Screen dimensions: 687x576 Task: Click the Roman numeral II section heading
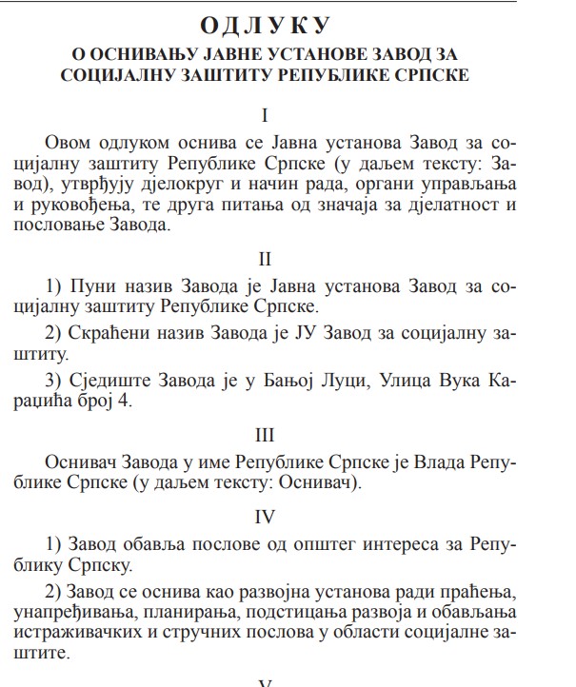coord(267,259)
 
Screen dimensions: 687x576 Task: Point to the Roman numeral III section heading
coord(267,435)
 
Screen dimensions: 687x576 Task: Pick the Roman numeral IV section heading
coord(267,517)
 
